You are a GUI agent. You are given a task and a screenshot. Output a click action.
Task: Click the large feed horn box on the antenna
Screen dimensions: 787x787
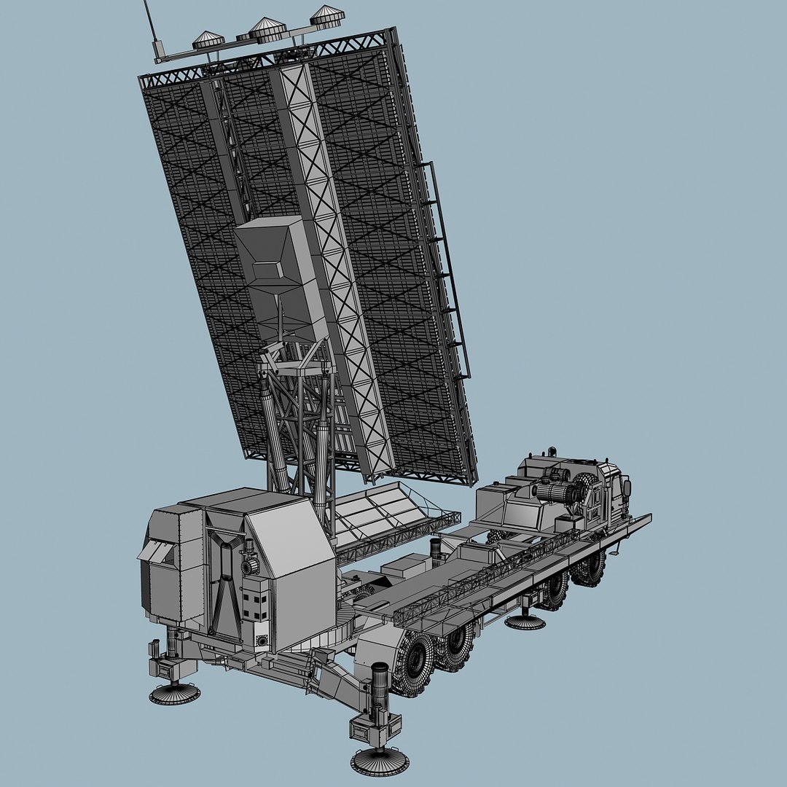pos(281,273)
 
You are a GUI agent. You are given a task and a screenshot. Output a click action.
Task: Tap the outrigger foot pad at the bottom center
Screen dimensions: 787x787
pos(379,761)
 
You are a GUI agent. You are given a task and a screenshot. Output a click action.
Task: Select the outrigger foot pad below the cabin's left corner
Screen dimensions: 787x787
pos(175,692)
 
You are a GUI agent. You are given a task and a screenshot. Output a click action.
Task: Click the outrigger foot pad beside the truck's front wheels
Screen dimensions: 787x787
pos(525,622)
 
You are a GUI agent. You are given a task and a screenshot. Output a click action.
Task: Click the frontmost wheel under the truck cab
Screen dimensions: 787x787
pos(589,568)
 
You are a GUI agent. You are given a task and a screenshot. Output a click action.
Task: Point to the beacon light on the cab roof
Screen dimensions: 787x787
pos(552,452)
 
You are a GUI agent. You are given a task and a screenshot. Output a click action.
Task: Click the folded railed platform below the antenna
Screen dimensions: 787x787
pos(393,514)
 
